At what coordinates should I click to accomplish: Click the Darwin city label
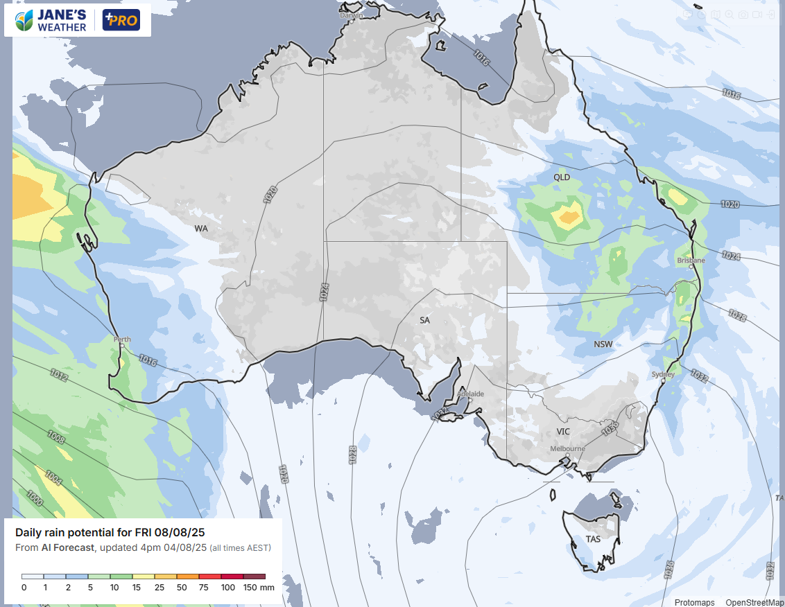point(352,15)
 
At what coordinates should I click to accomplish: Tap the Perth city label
point(122,340)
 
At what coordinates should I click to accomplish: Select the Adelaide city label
point(471,394)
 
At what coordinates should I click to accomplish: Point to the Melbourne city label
point(567,448)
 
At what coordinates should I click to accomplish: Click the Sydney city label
point(663,374)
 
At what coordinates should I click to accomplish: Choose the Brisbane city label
point(691,261)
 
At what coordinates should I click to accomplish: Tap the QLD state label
point(561,177)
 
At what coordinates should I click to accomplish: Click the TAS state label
point(593,539)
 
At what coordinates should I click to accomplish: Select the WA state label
point(201,228)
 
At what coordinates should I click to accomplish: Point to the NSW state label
point(603,344)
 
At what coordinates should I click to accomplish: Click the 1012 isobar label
point(59,376)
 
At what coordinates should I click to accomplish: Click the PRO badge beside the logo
point(121,20)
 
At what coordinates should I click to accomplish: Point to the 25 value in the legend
point(160,588)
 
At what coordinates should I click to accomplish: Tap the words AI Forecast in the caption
point(69,548)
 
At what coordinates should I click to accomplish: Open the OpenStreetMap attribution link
point(754,602)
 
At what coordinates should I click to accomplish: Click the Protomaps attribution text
point(694,602)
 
